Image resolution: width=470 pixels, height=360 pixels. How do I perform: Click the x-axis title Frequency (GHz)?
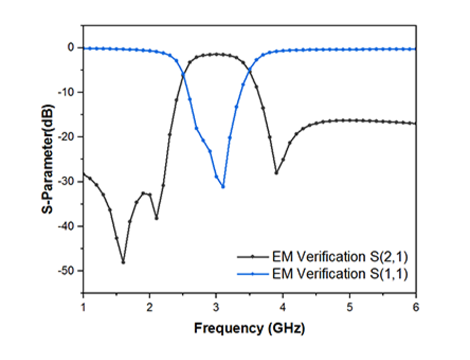[249, 328]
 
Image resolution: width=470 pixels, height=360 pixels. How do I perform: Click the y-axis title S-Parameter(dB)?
[48, 158]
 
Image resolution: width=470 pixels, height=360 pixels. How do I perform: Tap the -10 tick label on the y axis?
[66, 93]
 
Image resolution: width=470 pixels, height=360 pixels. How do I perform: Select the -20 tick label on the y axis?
[66, 137]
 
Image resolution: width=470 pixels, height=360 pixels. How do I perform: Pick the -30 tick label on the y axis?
[66, 182]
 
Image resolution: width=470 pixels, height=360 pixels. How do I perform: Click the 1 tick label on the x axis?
[83, 305]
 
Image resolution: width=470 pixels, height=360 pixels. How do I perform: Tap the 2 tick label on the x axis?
[150, 305]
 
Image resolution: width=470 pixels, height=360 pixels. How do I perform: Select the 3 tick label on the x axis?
[216, 305]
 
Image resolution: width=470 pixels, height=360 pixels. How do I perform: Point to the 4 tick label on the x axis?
[283, 305]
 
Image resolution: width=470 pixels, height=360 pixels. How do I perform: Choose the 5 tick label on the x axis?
[349, 305]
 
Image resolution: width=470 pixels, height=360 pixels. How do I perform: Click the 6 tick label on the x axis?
[416, 305]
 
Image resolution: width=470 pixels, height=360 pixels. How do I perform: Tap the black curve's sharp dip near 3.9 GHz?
[276, 173]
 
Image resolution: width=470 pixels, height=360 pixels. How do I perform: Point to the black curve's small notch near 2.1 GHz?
[156, 218]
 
